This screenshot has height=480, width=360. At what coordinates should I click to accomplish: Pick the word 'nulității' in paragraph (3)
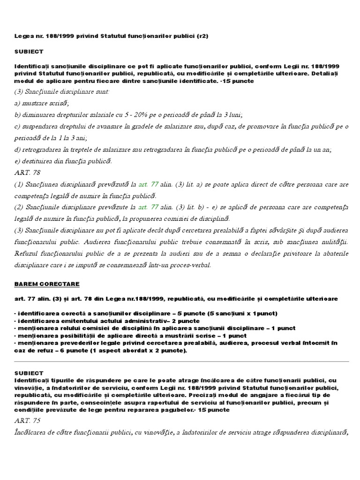click(334, 242)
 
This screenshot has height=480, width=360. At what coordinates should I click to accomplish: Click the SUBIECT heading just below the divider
click(28, 373)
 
